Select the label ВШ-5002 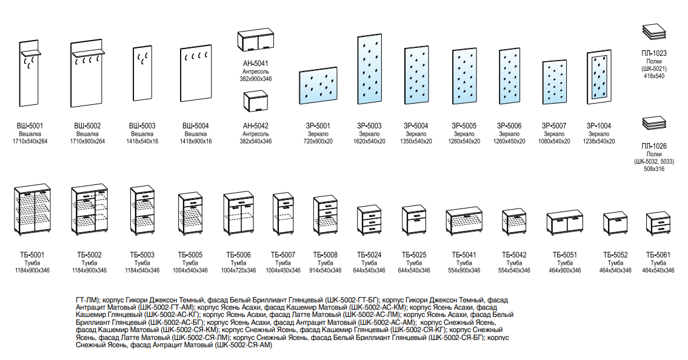point(87,126)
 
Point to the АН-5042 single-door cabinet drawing point(255,102)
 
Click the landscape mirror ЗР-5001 point(318,85)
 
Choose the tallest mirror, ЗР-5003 point(369,70)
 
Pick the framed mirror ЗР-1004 point(599,78)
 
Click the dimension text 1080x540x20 point(554,141)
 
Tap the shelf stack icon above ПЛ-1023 point(654,32)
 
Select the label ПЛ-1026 point(654,146)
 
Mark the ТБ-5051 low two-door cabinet point(565,224)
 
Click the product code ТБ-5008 point(325,255)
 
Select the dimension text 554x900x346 point(464,270)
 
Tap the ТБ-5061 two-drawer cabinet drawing point(658,224)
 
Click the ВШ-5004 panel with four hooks point(195,74)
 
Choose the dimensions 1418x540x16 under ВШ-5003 point(142,141)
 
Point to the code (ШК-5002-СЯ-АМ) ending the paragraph point(244,345)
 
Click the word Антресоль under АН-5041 point(255,72)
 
